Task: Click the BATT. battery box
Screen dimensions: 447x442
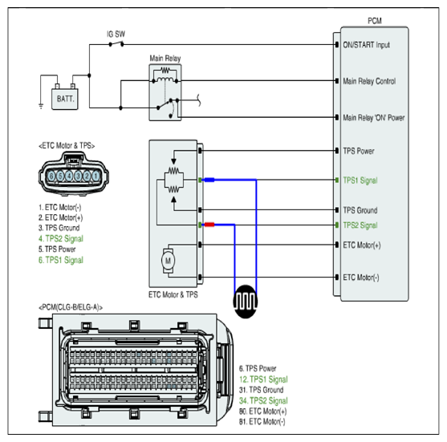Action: click(x=65, y=99)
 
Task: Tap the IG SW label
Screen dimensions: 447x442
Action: click(x=116, y=34)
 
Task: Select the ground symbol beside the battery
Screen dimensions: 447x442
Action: click(x=41, y=107)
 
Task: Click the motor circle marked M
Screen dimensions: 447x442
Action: click(x=168, y=261)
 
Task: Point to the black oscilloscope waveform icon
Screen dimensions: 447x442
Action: click(x=245, y=302)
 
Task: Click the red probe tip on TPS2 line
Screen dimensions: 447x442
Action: click(x=209, y=225)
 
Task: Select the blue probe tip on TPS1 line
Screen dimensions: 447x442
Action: click(x=209, y=180)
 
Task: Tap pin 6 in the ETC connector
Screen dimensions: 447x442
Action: click(x=51, y=176)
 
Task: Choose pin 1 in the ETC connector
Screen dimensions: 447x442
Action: click(x=95, y=176)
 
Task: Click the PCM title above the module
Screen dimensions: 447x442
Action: click(x=375, y=21)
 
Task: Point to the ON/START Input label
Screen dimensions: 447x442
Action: click(x=366, y=45)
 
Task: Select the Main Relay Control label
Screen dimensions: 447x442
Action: click(x=369, y=81)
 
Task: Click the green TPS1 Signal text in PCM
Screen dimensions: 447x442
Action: click(x=360, y=180)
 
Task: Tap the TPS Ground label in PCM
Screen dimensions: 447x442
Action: click(x=360, y=210)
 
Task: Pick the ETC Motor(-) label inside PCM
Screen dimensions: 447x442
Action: click(x=361, y=278)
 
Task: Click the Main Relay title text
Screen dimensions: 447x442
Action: click(x=165, y=59)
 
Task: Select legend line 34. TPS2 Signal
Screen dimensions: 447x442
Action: click(x=263, y=400)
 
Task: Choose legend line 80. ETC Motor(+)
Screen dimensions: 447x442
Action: click(x=263, y=412)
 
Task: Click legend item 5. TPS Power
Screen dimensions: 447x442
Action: click(x=57, y=249)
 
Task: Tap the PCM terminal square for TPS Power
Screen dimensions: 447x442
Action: click(x=337, y=151)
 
